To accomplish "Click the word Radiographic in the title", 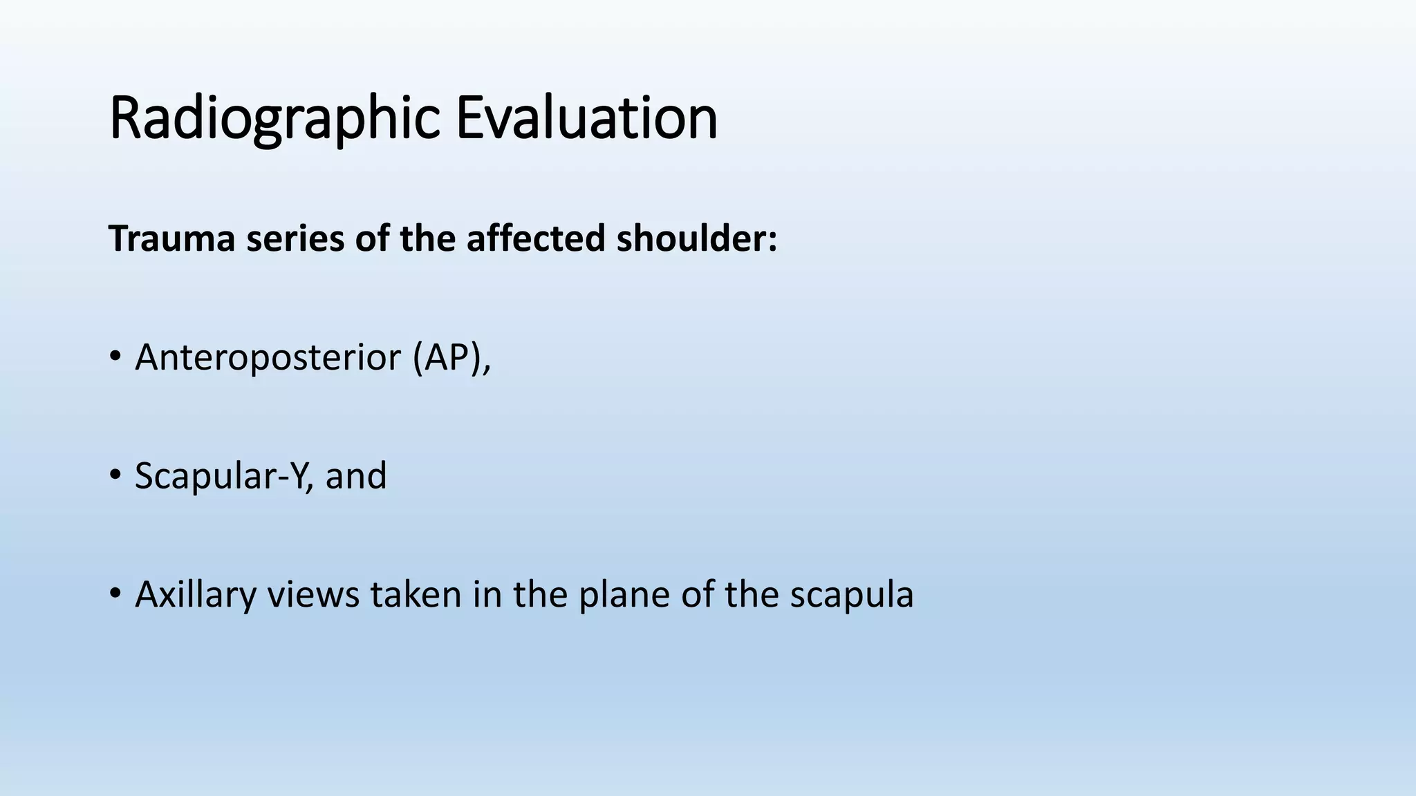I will (x=274, y=119).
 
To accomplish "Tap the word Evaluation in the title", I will (x=586, y=119).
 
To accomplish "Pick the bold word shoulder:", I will (x=696, y=239).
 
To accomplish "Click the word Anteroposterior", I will (x=268, y=358).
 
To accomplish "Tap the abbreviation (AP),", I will (x=451, y=358).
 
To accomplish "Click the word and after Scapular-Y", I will (x=355, y=476).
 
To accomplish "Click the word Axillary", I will (x=195, y=595).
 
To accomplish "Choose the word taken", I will (x=416, y=595).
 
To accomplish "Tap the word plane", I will (x=624, y=595).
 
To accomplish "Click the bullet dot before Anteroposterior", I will (x=115, y=357).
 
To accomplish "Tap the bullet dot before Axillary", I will (x=115, y=594).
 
